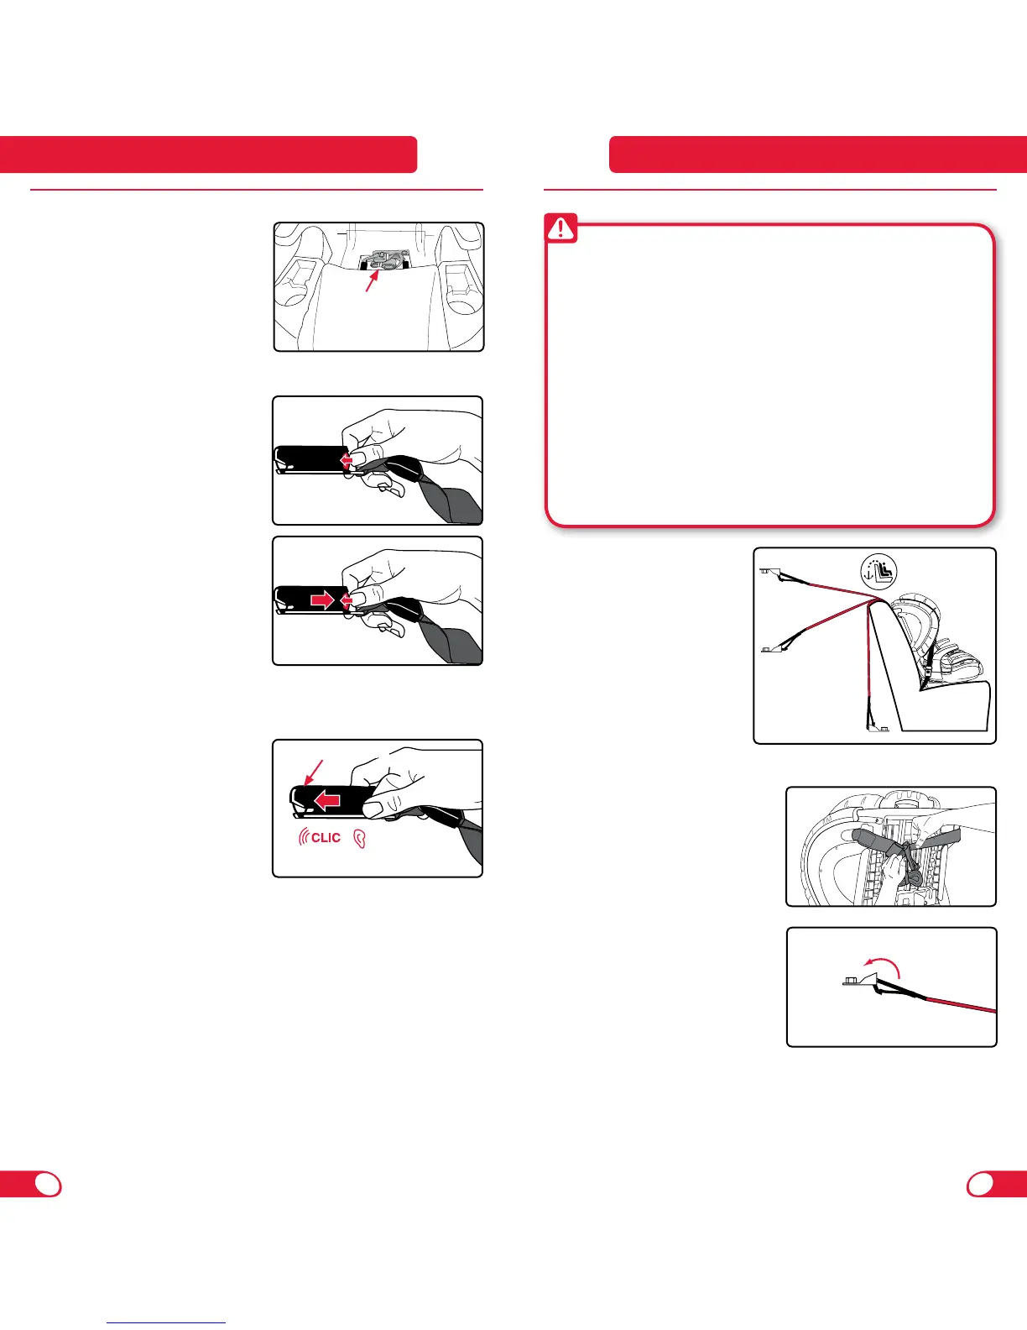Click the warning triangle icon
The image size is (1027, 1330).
tap(560, 228)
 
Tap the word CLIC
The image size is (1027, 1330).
tap(326, 837)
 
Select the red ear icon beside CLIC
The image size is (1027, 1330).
tap(360, 839)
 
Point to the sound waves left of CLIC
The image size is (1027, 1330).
tap(304, 836)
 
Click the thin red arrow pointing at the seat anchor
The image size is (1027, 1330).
tap(372, 280)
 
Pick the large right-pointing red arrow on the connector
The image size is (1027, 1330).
tap(321, 600)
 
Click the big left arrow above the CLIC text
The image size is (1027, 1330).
tap(327, 799)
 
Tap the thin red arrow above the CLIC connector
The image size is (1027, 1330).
tap(312, 772)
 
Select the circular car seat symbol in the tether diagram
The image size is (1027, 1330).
tap(878, 572)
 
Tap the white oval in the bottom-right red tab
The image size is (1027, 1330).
tap(981, 1185)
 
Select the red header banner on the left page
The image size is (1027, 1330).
tap(209, 154)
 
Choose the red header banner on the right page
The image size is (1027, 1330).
tap(818, 154)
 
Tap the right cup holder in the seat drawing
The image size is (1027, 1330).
tap(460, 283)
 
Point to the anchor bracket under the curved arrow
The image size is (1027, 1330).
tap(859, 980)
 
